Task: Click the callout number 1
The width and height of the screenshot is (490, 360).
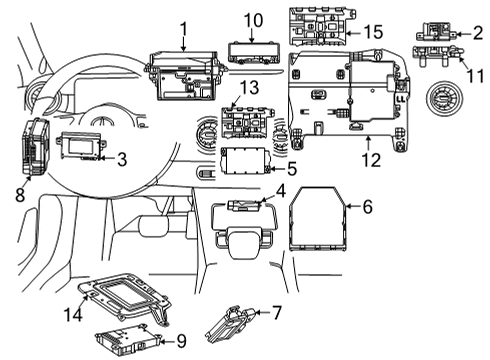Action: click(184, 29)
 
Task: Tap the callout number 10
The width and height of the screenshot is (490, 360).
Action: click(253, 20)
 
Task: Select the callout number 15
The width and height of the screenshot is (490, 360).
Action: click(373, 32)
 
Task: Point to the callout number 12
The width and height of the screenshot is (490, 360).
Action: click(371, 160)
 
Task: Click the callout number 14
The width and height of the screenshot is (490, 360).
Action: click(73, 314)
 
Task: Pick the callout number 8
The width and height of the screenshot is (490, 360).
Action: click(20, 195)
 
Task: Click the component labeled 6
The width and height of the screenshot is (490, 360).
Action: click(317, 219)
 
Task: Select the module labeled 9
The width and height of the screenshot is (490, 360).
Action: click(127, 341)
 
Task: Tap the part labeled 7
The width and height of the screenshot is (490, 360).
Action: click(230, 324)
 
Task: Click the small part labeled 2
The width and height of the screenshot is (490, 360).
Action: click(436, 31)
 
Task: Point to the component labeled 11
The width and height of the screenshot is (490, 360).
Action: click(437, 55)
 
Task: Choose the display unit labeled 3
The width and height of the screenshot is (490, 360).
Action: click(81, 145)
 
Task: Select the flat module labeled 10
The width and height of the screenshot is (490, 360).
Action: click(254, 52)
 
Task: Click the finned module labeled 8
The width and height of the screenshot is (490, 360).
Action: click(36, 146)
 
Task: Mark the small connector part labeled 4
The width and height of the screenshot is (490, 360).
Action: click(244, 205)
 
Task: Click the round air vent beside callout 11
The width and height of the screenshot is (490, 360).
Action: click(444, 99)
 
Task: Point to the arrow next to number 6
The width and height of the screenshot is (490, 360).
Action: click(353, 207)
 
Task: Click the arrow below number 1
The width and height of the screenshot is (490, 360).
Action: click(184, 45)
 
